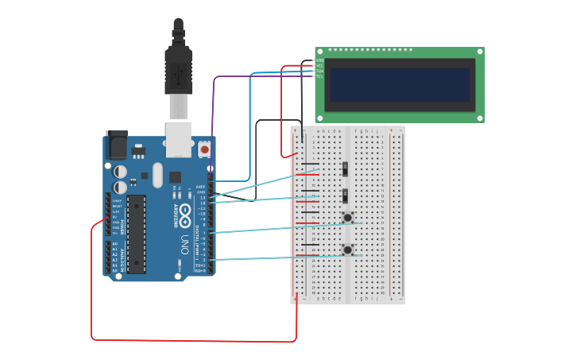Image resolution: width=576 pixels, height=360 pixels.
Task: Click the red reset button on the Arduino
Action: [x=205, y=149]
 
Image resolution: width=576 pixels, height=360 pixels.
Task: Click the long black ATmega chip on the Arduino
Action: [x=137, y=234]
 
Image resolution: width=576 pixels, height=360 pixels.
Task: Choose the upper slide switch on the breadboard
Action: [x=346, y=168]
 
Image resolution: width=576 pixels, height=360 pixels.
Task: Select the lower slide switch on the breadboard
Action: [x=346, y=195]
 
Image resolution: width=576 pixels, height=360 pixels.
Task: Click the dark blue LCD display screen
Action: [x=400, y=84]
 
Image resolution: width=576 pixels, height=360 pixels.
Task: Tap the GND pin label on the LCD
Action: [x=319, y=60]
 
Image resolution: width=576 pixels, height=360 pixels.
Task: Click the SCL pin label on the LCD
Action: [x=319, y=76]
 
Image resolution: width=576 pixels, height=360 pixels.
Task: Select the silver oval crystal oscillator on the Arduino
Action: [x=157, y=175]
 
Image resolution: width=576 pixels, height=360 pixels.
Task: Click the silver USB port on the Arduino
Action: [x=180, y=138]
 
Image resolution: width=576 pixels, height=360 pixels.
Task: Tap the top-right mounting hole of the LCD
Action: [x=480, y=52]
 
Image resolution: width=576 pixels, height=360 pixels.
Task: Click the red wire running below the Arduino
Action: [x=191, y=341]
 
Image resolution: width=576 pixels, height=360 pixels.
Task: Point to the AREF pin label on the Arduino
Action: [x=200, y=187]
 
